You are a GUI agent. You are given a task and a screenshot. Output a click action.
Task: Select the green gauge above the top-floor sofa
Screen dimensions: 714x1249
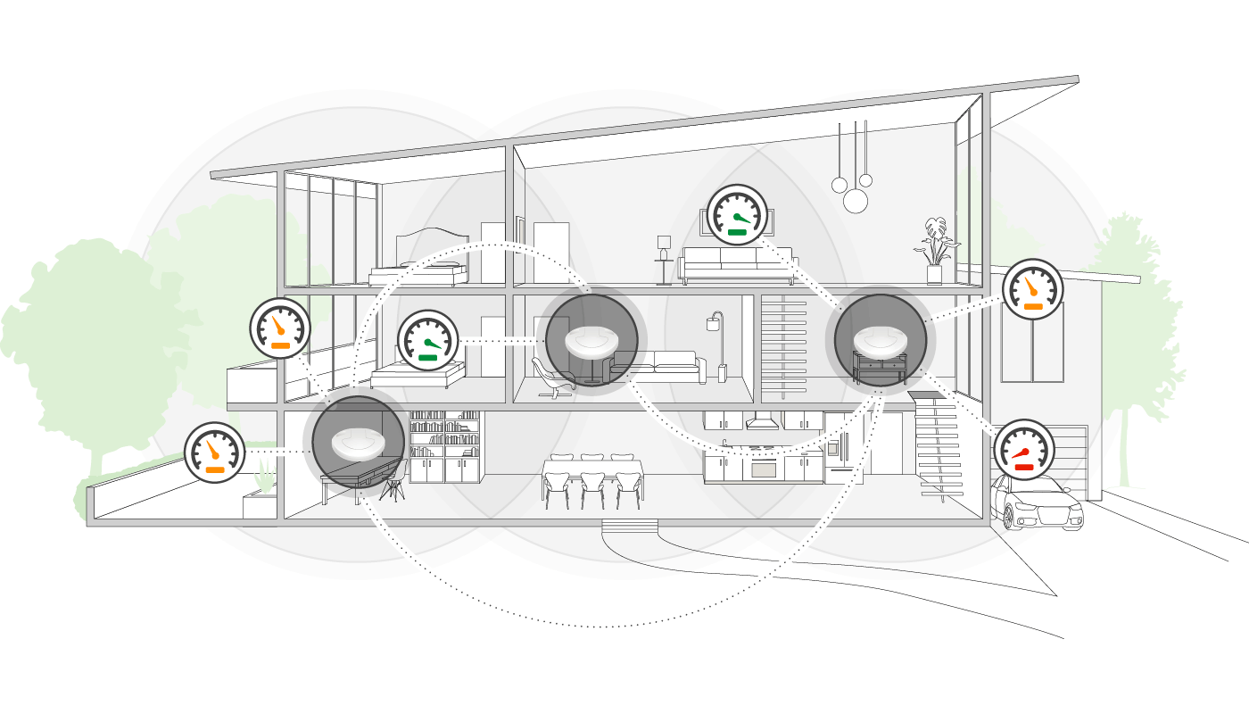[738, 215]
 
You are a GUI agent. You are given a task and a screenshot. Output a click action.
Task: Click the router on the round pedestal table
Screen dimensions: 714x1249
[591, 342]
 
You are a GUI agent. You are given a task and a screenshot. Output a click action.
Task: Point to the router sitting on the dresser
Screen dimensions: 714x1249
[880, 341]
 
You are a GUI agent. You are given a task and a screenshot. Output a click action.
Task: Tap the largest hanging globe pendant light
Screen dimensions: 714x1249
[856, 201]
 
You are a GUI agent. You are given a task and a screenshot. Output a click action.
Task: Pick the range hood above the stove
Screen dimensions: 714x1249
[764, 421]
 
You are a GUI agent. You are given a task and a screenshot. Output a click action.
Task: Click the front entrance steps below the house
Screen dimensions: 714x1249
[630, 527]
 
